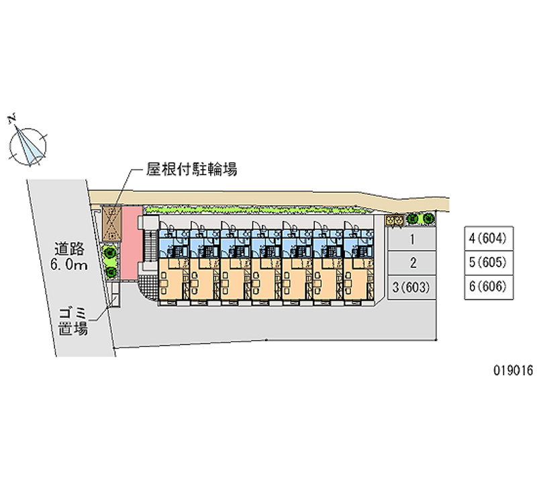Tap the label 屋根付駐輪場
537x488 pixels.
[192, 169]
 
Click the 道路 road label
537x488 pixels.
[69, 248]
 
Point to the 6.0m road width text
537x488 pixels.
[69, 264]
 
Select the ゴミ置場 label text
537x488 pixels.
[73, 322]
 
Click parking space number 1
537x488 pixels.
[411, 240]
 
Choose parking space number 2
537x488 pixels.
[411, 263]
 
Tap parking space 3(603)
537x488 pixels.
[411, 287]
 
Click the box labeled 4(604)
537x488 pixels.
[489, 238]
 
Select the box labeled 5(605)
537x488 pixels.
[489, 262]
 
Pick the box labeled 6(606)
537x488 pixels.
[489, 287]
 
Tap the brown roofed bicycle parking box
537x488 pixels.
[111, 224]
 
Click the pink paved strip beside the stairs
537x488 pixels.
[131, 243]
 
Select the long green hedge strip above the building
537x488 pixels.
[257, 210]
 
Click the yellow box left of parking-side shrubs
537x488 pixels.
[394, 221]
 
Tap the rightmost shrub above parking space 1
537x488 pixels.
[428, 218]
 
